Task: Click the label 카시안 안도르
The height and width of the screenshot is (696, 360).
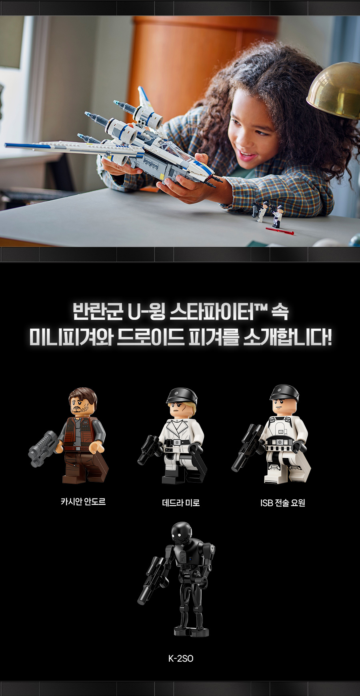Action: coord(83,501)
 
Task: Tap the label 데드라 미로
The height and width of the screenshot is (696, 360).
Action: coord(181,503)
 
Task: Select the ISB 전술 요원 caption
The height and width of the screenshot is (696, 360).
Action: coord(283,503)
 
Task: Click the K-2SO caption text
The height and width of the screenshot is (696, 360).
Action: coord(181,658)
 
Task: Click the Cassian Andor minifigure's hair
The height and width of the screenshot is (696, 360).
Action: coord(83,396)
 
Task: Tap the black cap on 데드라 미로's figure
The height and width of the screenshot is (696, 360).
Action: coord(182,396)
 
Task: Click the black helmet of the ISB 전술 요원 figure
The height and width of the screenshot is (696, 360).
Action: coord(284,392)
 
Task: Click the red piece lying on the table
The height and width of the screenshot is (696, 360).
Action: coord(280,231)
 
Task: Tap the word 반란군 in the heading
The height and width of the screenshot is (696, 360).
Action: coord(98,312)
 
